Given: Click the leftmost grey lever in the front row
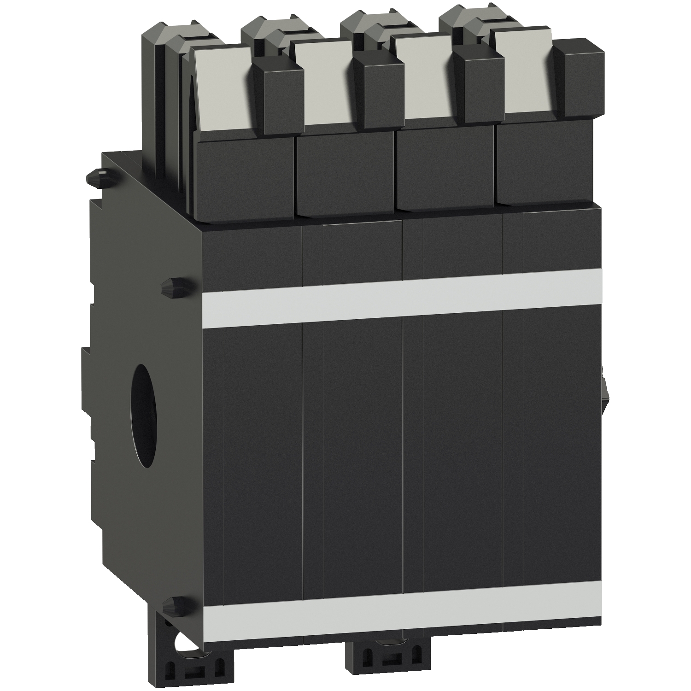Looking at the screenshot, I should (x=221, y=88).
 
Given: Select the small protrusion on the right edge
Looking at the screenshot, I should (x=604, y=387).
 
